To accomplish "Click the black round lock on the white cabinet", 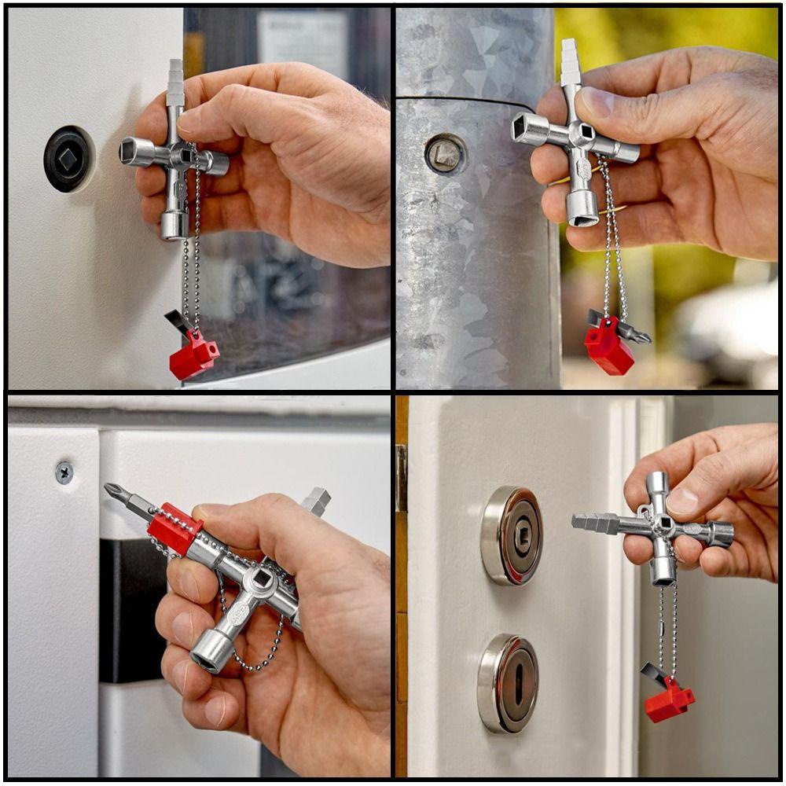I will click(68, 159).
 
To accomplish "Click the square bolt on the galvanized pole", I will click(446, 153).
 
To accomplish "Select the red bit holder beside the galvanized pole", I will click(609, 347).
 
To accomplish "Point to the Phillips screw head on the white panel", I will click(64, 472).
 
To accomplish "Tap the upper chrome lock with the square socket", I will click(512, 535).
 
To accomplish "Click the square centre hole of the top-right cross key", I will click(582, 133).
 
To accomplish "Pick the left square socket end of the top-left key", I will click(127, 150).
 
